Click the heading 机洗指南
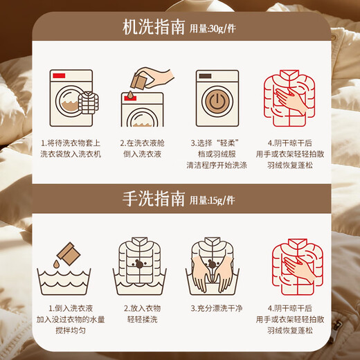(154, 28)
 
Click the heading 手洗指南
(154, 199)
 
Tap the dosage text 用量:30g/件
(213, 28)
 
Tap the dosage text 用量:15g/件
(213, 200)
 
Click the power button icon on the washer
(217, 101)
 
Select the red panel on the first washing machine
(59, 75)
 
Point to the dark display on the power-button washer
(205, 76)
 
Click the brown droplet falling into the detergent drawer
(130, 94)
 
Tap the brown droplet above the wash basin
(56, 264)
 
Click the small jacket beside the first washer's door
(89, 102)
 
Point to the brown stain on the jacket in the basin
(139, 264)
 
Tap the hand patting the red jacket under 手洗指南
(299, 269)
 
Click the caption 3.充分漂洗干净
(217, 308)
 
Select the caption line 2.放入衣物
(142, 308)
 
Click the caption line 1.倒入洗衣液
(71, 308)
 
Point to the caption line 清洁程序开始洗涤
(217, 165)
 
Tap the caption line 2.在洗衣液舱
(142, 143)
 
